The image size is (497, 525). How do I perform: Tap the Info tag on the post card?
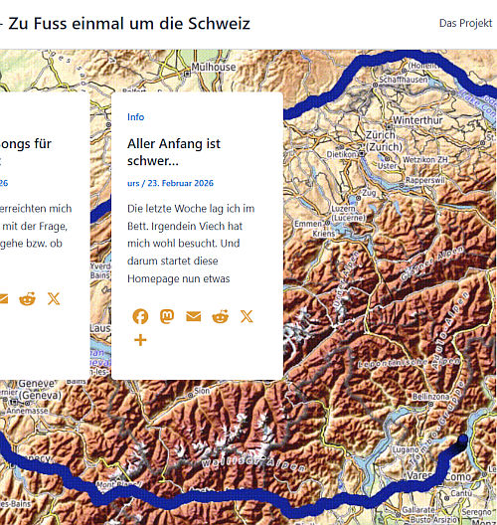135,116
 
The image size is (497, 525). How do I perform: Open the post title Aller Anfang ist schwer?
174,152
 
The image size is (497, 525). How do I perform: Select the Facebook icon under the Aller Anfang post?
140,316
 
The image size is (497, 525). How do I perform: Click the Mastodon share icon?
167,316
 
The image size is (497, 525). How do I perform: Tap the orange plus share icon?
140,340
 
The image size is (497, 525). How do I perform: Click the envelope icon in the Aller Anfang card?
193,316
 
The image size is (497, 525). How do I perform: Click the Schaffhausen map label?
403,80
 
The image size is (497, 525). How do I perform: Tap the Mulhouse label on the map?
215,68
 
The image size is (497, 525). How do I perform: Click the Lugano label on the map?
403,450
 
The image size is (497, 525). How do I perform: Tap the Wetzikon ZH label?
425,159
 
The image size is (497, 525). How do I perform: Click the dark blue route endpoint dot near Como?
461,439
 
